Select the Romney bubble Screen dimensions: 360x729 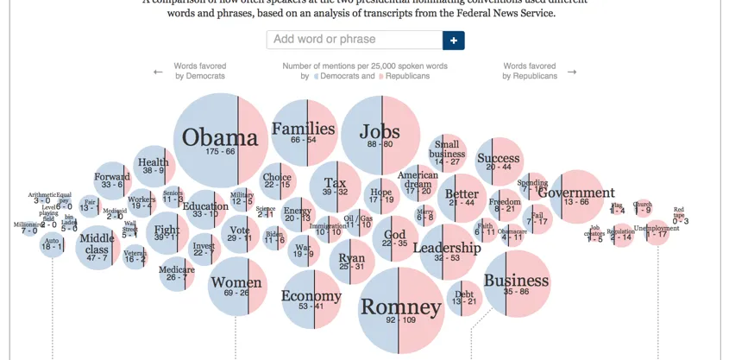tap(400, 308)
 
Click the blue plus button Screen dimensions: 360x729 tap(454, 40)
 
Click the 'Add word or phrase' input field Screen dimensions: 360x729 tap(354, 40)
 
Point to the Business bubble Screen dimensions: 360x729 tap(516, 283)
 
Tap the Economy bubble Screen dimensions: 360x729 tap(311, 300)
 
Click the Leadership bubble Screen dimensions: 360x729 tap(446, 251)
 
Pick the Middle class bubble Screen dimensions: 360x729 tap(97, 248)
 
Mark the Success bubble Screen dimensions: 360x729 tap(498, 161)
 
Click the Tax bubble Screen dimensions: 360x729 tap(335, 186)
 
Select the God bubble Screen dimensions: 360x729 tap(394, 238)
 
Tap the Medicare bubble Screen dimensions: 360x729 tap(176, 273)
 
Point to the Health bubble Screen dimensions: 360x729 tap(154, 166)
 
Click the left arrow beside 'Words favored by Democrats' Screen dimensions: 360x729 tap(158, 73)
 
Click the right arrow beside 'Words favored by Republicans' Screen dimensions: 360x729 tap(572, 73)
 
